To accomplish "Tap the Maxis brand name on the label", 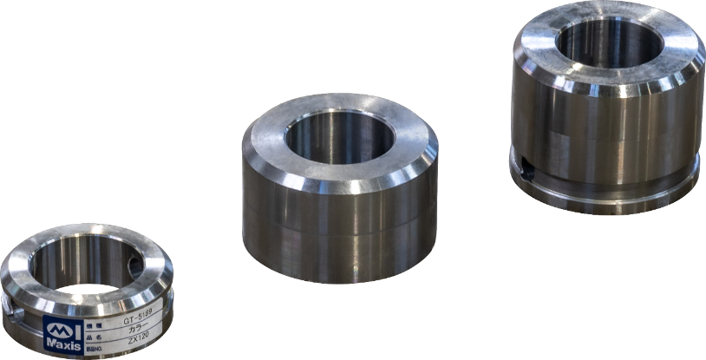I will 62,346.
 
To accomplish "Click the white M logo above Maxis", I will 62,329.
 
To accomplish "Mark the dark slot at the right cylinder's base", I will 526,172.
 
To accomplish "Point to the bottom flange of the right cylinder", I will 607,193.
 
